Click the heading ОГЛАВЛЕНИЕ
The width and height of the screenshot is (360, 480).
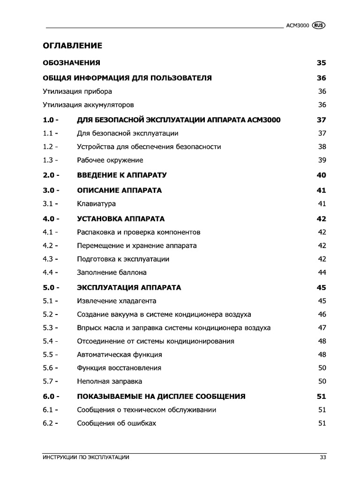(72, 45)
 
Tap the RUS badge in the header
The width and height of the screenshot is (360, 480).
(318, 26)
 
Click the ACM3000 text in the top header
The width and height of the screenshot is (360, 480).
(297, 26)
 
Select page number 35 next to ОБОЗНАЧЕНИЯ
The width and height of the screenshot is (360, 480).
(321, 62)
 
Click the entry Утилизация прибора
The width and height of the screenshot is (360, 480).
(77, 91)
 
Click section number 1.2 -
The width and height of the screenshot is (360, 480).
(50, 147)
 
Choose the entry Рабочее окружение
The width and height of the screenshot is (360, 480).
(110, 160)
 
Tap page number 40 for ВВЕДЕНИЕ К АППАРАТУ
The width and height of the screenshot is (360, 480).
(321, 175)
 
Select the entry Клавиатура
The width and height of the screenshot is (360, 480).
(96, 204)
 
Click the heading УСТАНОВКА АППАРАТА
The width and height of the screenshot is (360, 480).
(120, 219)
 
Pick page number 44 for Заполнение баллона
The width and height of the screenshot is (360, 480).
(322, 272)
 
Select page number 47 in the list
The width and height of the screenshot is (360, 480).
(322, 328)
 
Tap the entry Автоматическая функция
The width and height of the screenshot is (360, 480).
(119, 355)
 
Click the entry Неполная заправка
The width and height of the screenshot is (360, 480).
(109, 382)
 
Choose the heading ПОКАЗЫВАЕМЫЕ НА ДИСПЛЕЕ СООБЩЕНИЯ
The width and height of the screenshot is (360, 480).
(161, 397)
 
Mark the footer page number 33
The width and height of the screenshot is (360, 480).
(322, 457)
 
